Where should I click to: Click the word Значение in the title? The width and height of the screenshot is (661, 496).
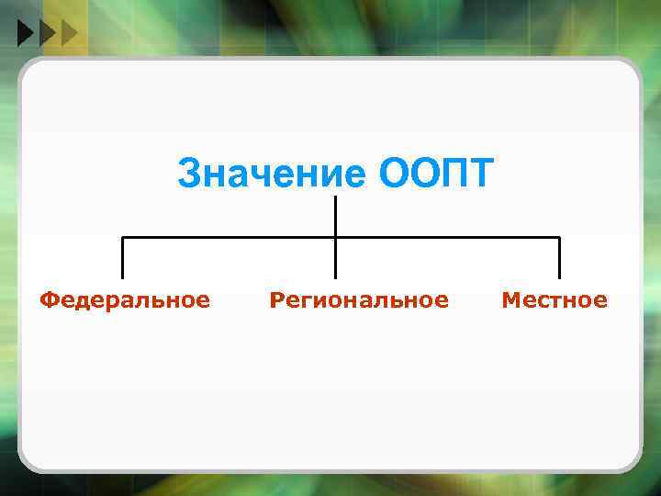coord(272,173)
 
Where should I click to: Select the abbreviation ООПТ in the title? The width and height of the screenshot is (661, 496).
coord(435,173)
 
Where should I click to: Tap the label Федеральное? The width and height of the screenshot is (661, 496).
coord(125,299)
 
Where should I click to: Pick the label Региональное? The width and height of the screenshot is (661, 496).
coord(359,299)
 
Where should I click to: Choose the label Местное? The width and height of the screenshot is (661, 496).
coord(554,299)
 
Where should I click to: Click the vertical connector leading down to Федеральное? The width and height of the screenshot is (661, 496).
coord(123,259)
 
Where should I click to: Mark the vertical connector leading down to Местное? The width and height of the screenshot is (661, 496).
coord(559,259)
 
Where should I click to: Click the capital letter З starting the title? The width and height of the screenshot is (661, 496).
coord(188,173)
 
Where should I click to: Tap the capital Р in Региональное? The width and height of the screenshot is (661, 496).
coord(276,299)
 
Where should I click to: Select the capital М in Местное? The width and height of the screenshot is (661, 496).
coord(510,299)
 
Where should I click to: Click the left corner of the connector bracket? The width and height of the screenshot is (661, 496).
coord(123,238)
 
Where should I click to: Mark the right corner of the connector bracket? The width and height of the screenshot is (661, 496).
coord(559,238)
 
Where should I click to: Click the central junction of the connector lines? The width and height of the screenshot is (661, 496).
coord(335,238)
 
